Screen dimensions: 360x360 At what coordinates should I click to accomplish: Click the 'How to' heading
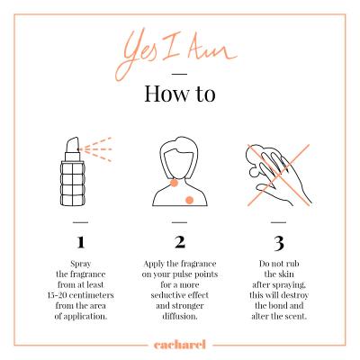coord(180,94)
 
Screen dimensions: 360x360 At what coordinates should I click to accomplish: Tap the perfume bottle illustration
coord(73,172)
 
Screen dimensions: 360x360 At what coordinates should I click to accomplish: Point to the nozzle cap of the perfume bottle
coord(73,145)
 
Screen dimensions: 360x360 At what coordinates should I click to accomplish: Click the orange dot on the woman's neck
coord(174,183)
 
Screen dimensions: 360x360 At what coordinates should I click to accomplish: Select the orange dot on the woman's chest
coord(189,200)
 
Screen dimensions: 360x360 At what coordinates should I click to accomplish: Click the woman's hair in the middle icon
coord(179,150)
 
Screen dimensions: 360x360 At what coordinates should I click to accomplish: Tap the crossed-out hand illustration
coord(278,175)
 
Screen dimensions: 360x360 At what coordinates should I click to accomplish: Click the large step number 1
coord(80,242)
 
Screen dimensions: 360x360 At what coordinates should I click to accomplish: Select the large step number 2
coord(180,242)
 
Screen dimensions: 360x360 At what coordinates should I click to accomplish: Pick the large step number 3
coord(279,243)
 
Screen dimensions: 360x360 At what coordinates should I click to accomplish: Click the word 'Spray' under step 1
coord(80,265)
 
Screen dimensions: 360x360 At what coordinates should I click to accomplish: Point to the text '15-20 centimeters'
coord(80,295)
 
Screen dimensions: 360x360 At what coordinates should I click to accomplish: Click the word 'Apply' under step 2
coord(154,265)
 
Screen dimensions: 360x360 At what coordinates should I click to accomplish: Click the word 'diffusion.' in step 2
coord(180,316)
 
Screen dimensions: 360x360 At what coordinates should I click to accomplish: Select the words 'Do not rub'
coord(279,264)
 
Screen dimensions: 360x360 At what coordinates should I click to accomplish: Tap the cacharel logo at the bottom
coord(180,345)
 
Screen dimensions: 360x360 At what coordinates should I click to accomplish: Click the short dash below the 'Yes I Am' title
coord(180,74)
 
